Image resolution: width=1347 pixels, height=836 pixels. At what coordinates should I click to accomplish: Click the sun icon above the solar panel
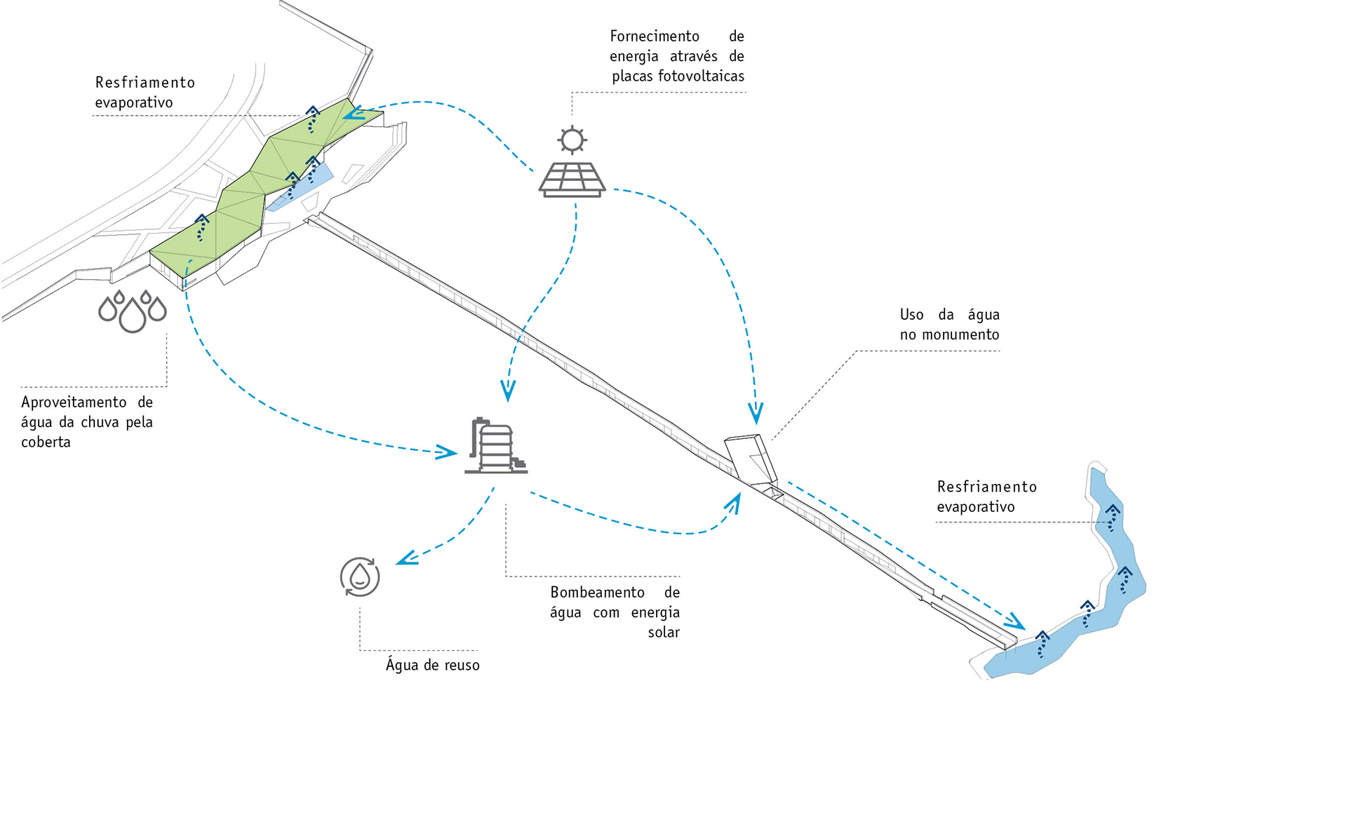click(572, 139)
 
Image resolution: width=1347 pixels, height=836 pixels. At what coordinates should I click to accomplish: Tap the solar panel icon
click(572, 180)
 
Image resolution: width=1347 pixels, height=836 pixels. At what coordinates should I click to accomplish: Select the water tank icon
click(495, 446)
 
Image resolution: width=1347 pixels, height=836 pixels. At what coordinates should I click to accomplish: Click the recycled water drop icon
click(360, 577)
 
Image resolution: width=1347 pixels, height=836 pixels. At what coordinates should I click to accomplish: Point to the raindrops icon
click(133, 311)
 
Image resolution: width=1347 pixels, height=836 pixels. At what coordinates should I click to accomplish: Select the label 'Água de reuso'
click(432, 665)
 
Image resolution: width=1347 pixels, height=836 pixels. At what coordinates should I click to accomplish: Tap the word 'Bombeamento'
click(597, 593)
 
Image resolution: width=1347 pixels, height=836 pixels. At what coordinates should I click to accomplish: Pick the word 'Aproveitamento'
click(74, 403)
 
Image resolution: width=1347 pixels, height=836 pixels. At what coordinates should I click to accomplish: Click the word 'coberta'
click(46, 443)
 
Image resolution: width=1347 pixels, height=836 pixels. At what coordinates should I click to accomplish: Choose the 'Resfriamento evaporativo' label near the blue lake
click(986, 497)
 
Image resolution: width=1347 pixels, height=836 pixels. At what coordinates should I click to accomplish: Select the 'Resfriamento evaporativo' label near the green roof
click(145, 93)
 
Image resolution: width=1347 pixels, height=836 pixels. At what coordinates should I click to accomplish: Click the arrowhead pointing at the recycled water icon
click(406, 558)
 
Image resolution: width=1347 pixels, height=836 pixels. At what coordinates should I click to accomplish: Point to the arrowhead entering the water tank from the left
click(447, 452)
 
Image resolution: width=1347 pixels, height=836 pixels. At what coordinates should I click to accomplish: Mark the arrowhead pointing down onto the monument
click(756, 414)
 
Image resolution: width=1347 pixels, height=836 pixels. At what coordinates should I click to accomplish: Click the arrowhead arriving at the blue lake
click(1014, 621)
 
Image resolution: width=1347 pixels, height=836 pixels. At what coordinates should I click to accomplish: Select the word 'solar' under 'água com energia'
click(664, 633)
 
